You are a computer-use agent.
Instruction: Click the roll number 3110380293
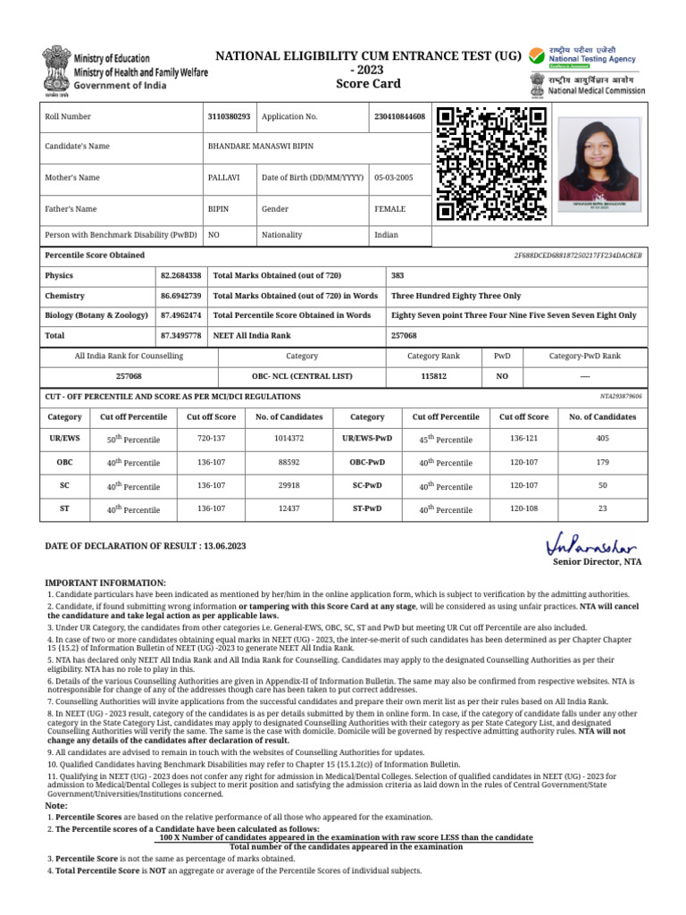pyautogui.click(x=229, y=117)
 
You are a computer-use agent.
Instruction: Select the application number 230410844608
pyautogui.click(x=399, y=117)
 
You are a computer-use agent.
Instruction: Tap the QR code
pyautogui.click(x=490, y=164)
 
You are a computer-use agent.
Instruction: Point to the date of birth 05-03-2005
pyautogui.click(x=393, y=178)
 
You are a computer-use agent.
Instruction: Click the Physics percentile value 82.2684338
pyautogui.click(x=181, y=276)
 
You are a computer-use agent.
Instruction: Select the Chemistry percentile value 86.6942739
pyautogui.click(x=181, y=296)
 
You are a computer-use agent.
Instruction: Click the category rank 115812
pyautogui.click(x=434, y=376)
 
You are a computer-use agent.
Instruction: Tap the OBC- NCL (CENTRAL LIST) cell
pyautogui.click(x=301, y=376)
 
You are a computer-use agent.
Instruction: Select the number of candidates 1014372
pyautogui.click(x=289, y=439)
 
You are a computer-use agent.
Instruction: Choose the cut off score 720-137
pyautogui.click(x=211, y=439)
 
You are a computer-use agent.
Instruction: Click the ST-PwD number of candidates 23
pyautogui.click(x=602, y=508)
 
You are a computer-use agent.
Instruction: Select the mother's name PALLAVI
pyautogui.click(x=222, y=178)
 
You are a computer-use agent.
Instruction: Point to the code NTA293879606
pyautogui.click(x=620, y=396)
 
